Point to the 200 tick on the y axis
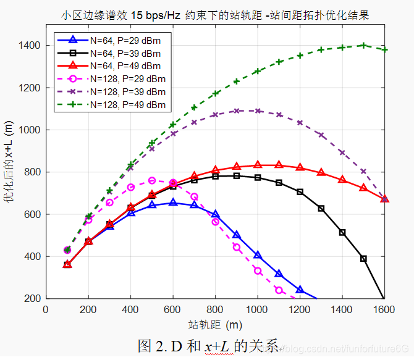click(x=32, y=298)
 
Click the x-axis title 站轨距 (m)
click(x=215, y=324)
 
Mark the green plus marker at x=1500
click(x=363, y=45)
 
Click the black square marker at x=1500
click(x=363, y=259)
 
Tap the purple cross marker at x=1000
click(x=258, y=111)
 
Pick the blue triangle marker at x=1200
click(x=300, y=290)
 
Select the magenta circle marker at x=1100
click(x=279, y=290)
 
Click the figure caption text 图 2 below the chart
click(x=210, y=346)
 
